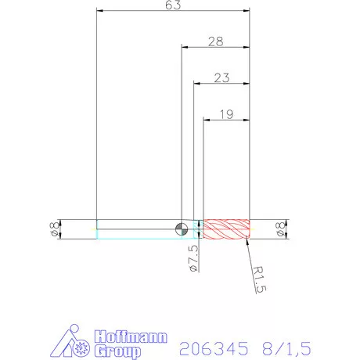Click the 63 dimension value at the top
174,6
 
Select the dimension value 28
217,41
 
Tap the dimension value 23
221,77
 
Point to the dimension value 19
227,114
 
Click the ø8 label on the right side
280,229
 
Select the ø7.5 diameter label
193,256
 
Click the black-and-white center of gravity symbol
182,229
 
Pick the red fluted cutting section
226,229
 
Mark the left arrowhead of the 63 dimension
99,11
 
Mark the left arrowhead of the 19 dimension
207,119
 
